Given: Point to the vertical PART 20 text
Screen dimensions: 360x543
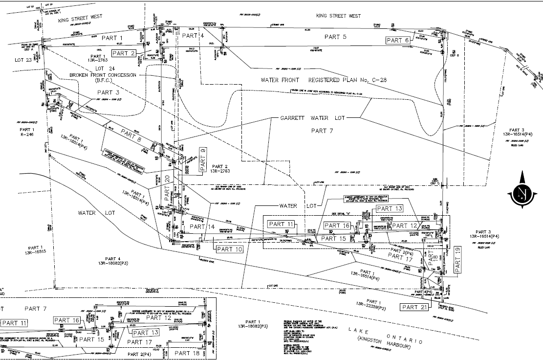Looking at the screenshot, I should [166, 190].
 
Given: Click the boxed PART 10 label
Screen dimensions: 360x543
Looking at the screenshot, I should [229, 249].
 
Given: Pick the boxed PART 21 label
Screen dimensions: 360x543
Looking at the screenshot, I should [414, 307].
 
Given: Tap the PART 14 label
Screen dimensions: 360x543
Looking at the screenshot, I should [202, 227].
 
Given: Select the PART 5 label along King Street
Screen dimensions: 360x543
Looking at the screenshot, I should [335, 37].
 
